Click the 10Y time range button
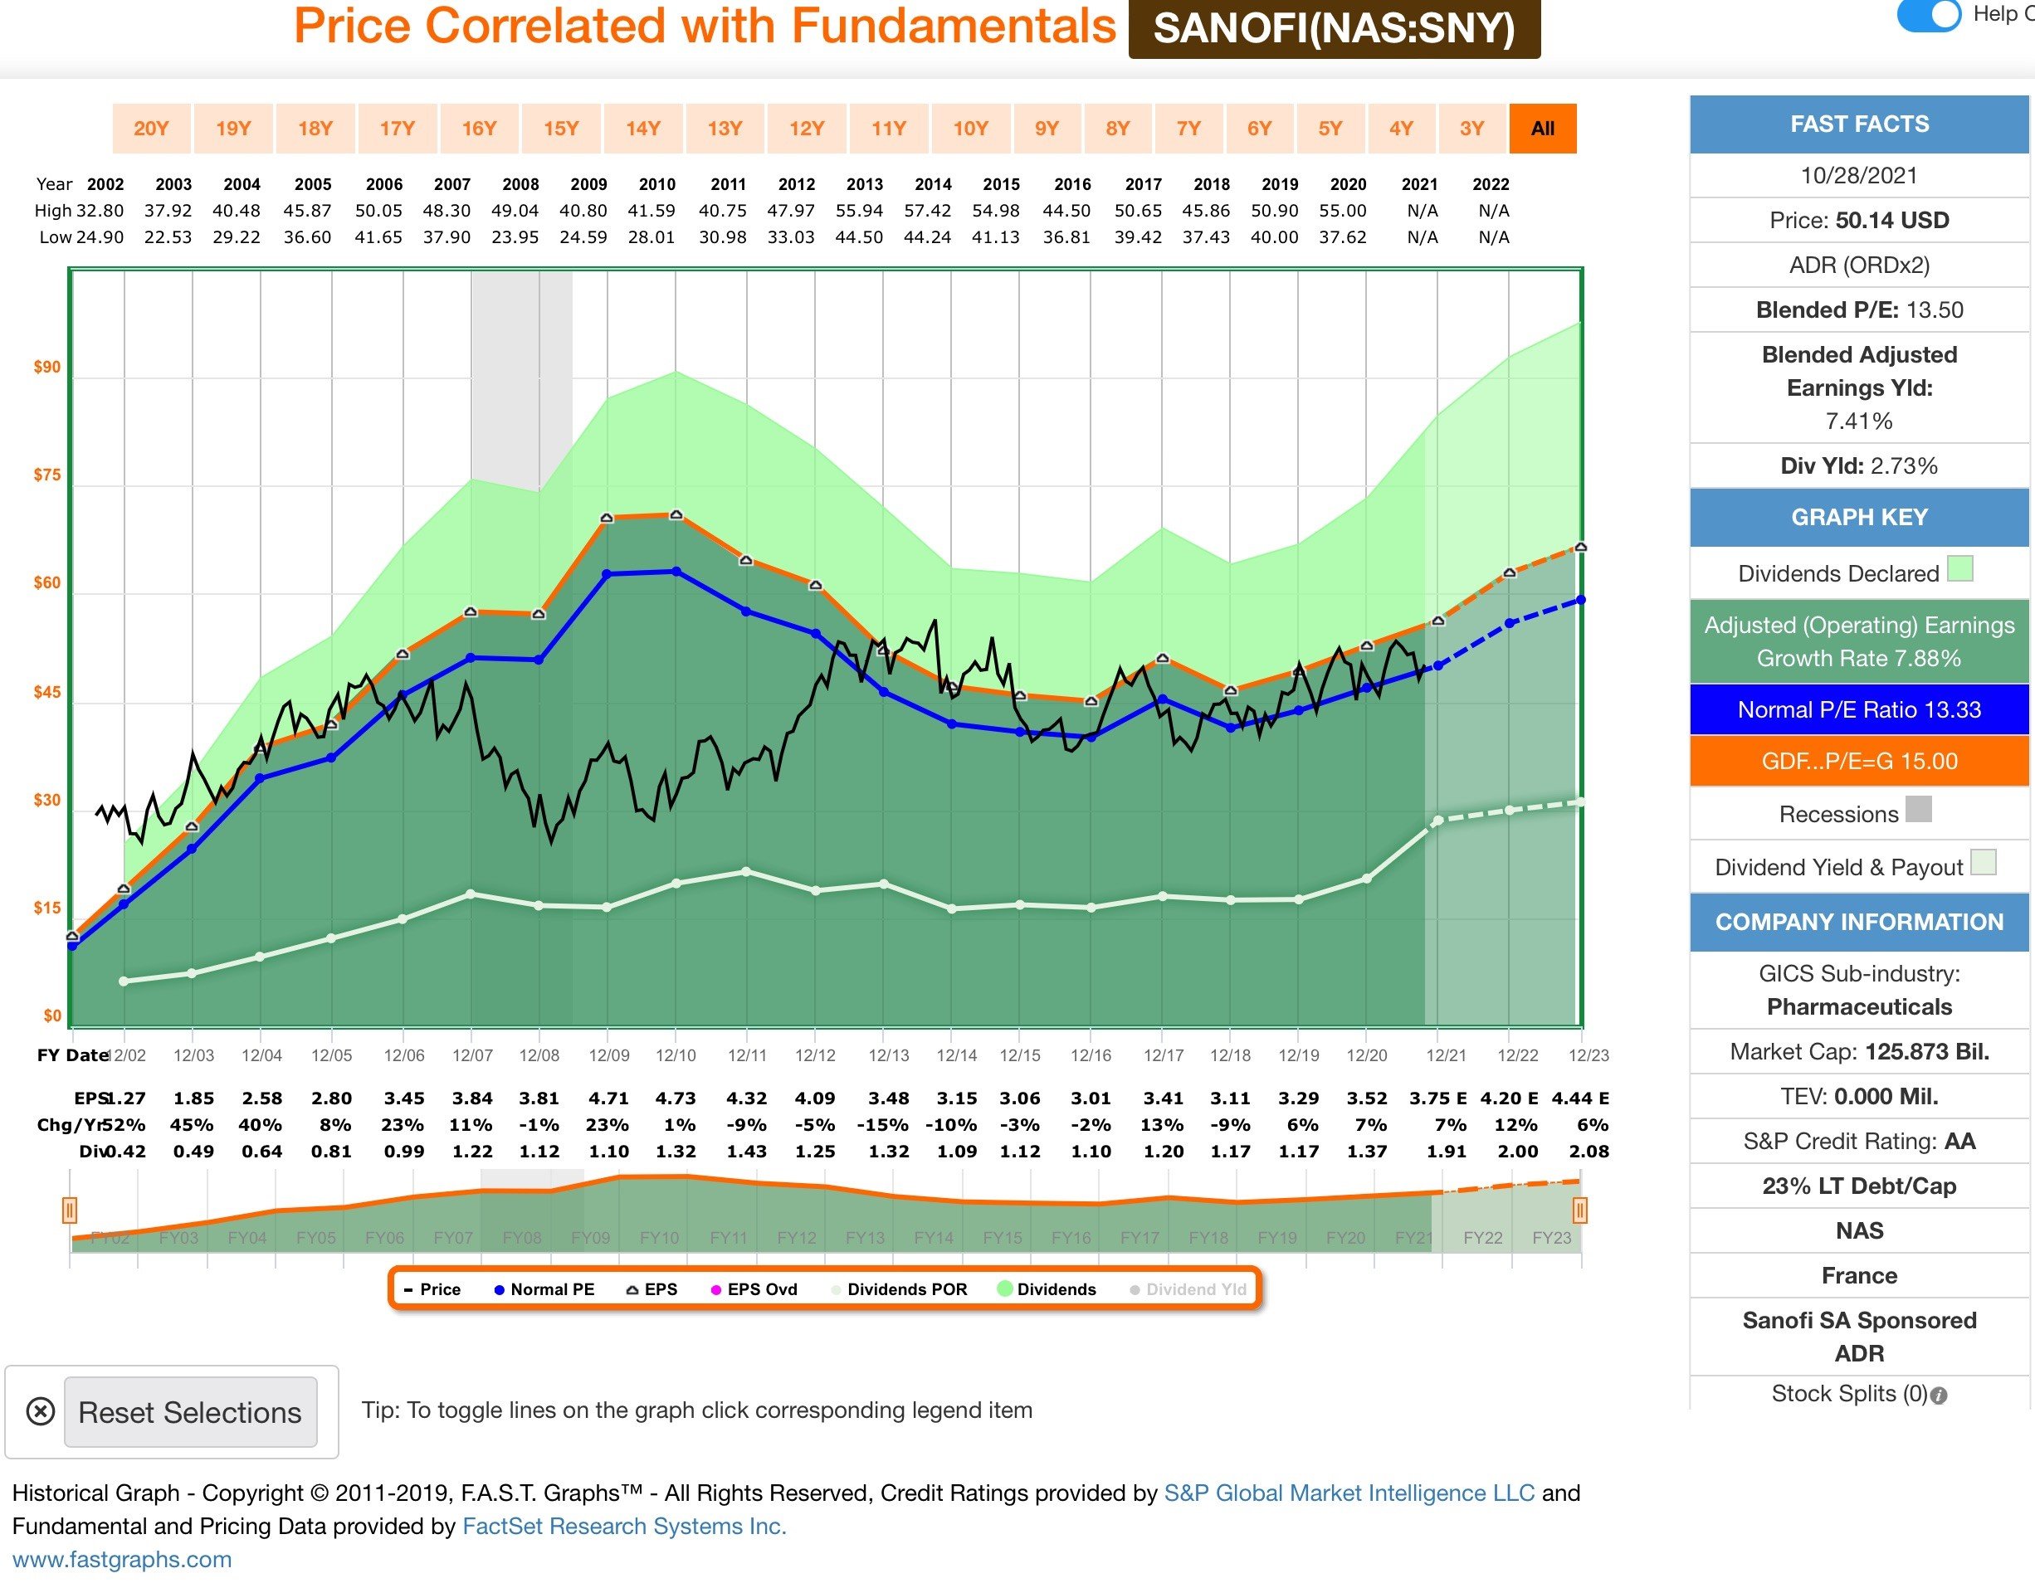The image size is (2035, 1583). [970, 129]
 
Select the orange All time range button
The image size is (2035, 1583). [1542, 129]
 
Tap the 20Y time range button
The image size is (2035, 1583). [151, 129]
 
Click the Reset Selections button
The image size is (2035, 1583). [190, 1412]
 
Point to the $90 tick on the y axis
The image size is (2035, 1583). [46, 367]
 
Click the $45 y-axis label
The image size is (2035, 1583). [46, 692]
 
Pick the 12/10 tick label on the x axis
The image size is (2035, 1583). [676, 1055]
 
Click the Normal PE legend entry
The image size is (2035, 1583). [544, 1289]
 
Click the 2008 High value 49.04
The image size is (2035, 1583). [515, 211]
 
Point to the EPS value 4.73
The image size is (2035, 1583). [676, 1098]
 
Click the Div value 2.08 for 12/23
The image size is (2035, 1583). [1588, 1152]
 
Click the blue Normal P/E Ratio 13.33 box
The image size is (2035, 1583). [1859, 710]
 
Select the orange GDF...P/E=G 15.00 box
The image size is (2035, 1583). [1859, 762]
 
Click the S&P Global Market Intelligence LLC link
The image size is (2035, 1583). [1349, 1493]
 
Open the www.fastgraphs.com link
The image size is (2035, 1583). [122, 1560]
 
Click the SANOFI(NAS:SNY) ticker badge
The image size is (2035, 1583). [1334, 29]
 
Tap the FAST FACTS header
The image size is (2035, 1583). [1859, 124]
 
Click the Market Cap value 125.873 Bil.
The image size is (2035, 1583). [1926, 1052]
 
